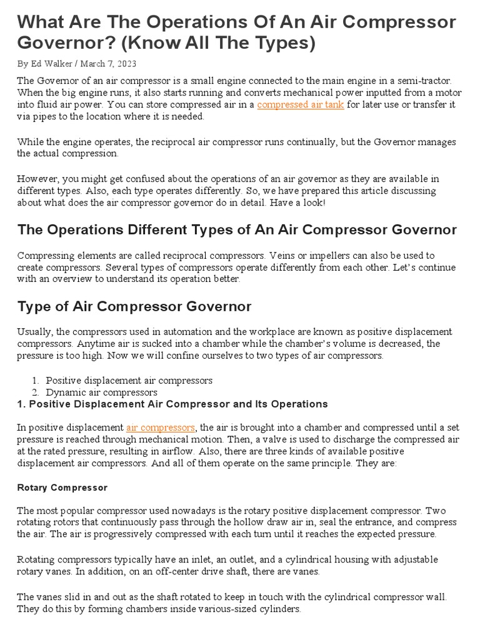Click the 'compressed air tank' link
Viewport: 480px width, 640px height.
click(300, 105)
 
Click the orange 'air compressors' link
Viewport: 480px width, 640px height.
click(161, 427)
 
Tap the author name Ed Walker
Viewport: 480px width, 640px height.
click(51, 63)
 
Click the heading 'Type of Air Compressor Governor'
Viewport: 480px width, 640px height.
click(134, 306)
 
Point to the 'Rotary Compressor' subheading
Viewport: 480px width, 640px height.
click(62, 487)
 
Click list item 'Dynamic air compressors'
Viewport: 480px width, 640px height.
click(101, 392)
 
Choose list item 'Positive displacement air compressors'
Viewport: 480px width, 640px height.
click(129, 380)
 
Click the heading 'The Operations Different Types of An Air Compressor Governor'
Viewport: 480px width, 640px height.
click(237, 229)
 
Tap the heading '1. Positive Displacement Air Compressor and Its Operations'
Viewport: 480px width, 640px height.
click(172, 404)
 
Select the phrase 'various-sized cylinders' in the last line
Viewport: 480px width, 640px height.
click(248, 608)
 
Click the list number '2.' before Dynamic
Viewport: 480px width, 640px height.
click(36, 392)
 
